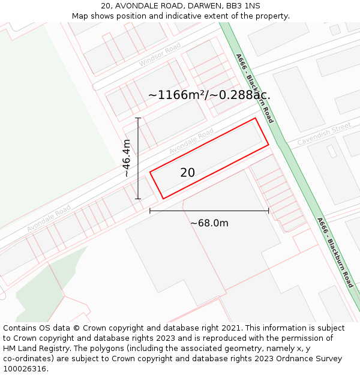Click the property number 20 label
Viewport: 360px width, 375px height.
(187, 173)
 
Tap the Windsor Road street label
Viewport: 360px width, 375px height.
(160, 55)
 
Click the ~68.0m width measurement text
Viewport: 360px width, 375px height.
(209, 223)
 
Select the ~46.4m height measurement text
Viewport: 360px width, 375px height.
(126, 158)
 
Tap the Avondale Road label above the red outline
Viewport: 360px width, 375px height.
(191, 140)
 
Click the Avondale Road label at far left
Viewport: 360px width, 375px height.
(49, 218)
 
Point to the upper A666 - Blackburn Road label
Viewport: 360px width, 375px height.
(254, 88)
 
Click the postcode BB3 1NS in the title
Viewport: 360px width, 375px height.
(244, 6)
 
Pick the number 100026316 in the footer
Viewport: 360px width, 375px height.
(26, 369)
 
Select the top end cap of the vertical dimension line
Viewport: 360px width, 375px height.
(138, 118)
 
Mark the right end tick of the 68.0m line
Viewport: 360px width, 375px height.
(268, 211)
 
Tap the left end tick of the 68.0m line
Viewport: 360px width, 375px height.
(149, 211)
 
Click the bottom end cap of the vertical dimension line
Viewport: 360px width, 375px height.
(138, 199)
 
